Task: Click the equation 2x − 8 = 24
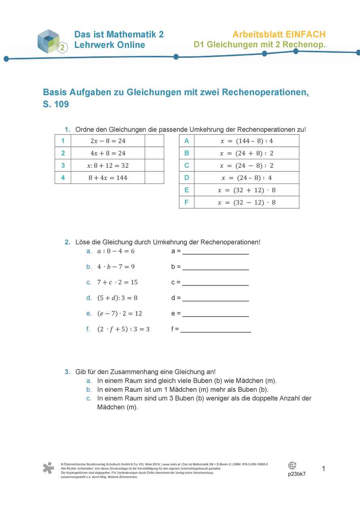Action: (108, 141)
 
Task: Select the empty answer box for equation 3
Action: (154, 165)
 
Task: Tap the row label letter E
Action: (186, 190)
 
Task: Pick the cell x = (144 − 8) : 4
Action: (246, 141)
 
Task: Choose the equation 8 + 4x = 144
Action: (108, 177)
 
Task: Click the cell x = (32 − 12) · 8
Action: (246, 202)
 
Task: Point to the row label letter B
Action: (186, 153)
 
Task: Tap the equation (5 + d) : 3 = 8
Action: (117, 298)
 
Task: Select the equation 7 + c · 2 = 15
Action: (114, 282)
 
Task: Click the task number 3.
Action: (67, 372)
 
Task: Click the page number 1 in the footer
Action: (324, 469)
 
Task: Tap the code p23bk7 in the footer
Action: (296, 474)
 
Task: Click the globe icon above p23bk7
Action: (292, 465)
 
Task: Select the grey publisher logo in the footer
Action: (48, 468)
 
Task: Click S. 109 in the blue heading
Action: (56, 104)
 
